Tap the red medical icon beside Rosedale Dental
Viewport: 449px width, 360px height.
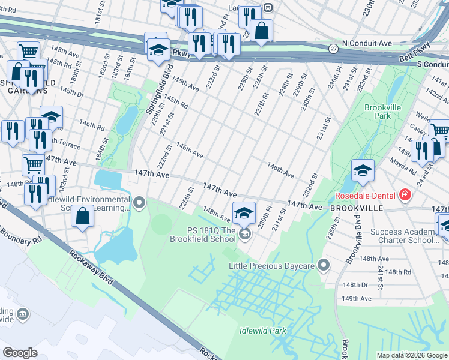pos(405,195)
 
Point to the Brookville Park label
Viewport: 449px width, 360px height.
pos(379,111)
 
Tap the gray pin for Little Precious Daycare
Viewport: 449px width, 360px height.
pos(324,265)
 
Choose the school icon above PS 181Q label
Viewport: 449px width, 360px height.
pos(244,214)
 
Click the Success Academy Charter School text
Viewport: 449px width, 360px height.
pos(404,236)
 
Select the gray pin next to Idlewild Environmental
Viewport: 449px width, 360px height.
pos(140,203)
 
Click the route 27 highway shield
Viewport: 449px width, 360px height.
pos(333,47)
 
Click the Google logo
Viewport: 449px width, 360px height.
pos(20,353)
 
